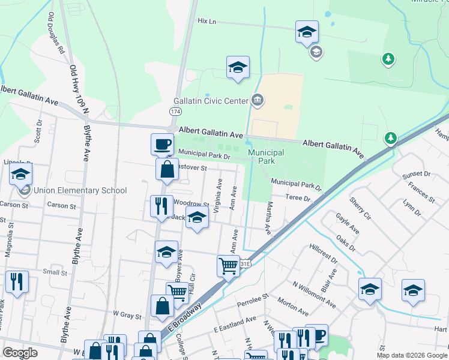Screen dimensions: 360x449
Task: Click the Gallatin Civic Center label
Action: pos(211,101)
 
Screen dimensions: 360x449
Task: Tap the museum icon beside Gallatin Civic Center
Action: pos(258,100)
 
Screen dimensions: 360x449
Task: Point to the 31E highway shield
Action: pos(245,263)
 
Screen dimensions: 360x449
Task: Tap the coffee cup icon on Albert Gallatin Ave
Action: pos(161,144)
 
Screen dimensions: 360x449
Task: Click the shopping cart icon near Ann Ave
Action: pos(228,265)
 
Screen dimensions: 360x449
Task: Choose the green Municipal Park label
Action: pos(266,157)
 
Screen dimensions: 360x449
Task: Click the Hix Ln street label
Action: pos(206,21)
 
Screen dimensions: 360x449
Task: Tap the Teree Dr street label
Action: pos(298,198)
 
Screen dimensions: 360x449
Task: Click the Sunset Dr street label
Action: pos(418,174)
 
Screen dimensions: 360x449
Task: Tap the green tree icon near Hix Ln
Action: pos(388,59)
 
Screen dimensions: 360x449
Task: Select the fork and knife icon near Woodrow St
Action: pos(160,206)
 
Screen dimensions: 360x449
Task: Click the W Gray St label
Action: pos(127,315)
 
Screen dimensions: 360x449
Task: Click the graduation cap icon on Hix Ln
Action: pos(306,32)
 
